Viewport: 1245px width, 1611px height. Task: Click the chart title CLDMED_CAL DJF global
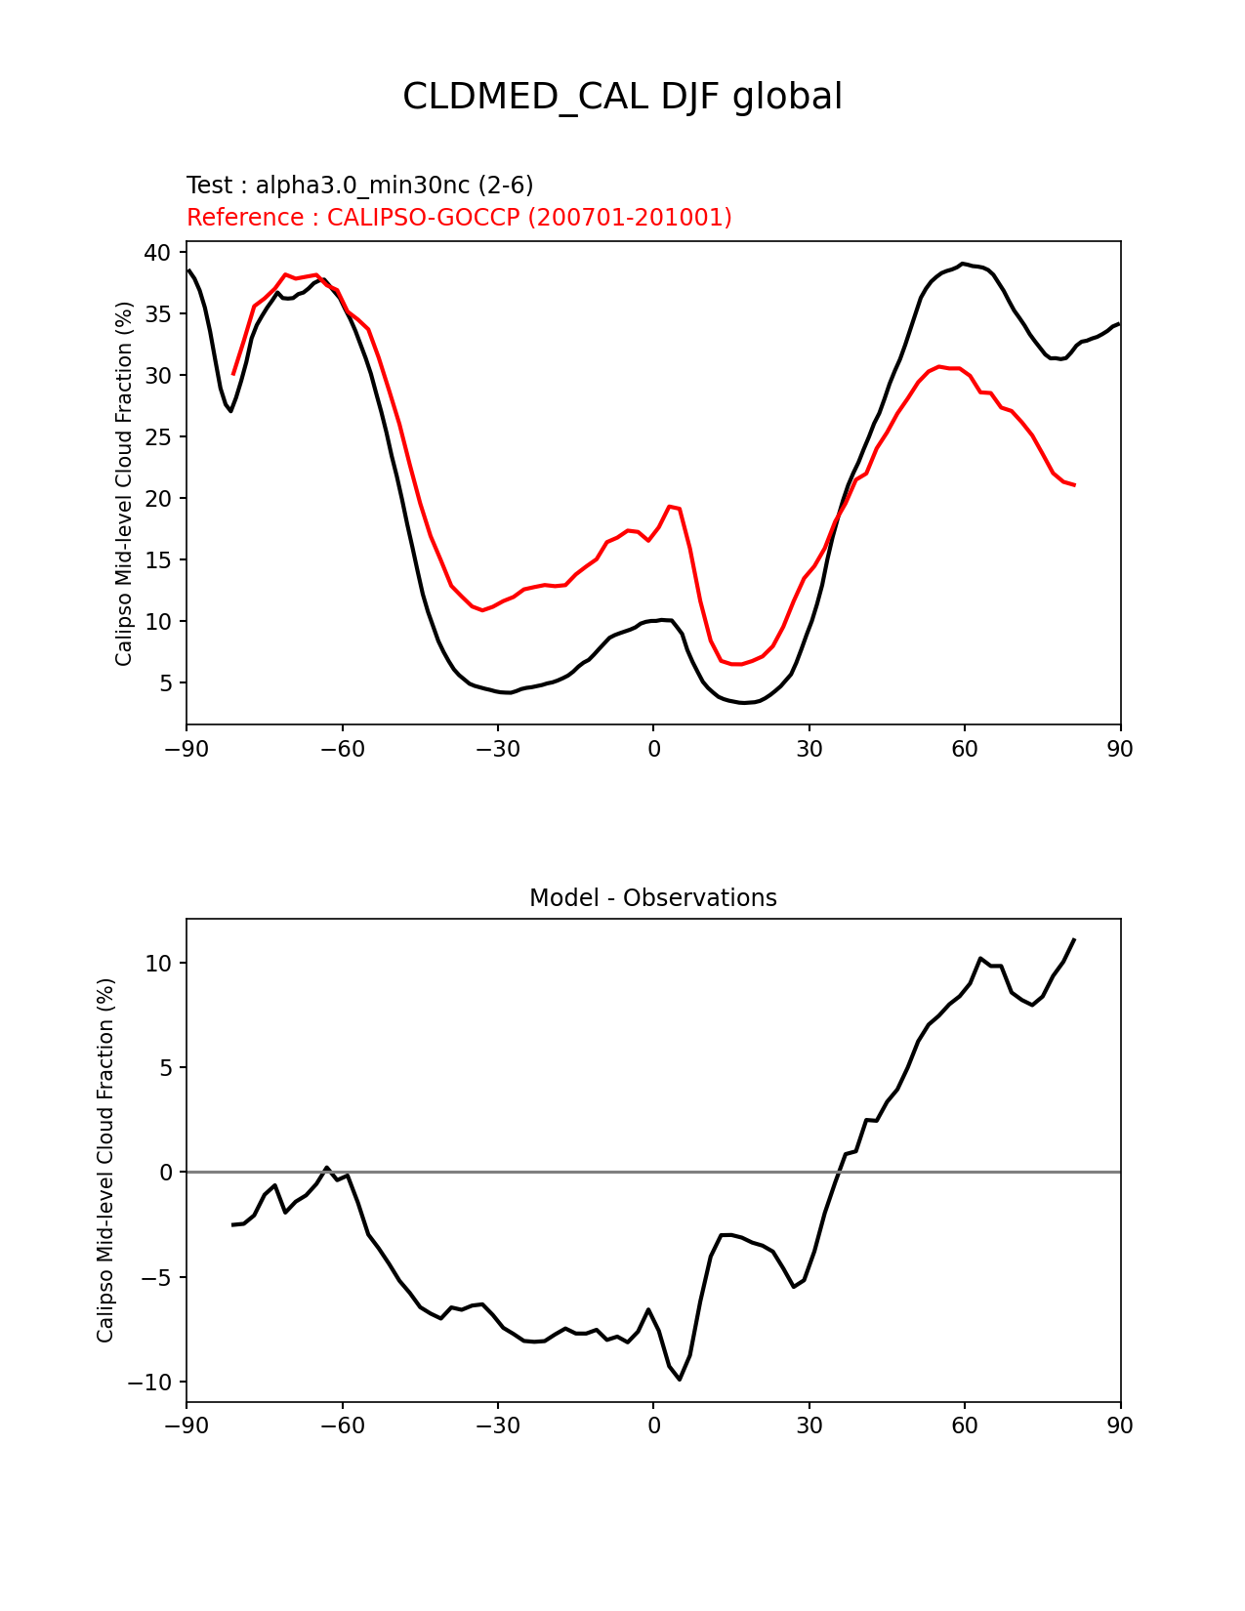tap(622, 97)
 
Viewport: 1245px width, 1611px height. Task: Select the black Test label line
tap(359, 186)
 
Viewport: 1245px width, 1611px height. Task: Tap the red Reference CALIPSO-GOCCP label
tap(459, 217)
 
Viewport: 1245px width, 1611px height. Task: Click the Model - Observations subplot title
tap(652, 897)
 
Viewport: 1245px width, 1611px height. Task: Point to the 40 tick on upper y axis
tap(157, 253)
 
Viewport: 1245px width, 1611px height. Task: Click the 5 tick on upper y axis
tap(165, 683)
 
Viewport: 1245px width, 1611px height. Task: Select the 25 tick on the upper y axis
tap(157, 437)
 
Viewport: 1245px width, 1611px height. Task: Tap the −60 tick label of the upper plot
tap(342, 749)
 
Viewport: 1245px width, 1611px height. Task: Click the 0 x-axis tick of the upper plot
tap(653, 749)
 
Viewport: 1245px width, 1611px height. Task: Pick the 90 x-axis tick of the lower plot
tap(1120, 1425)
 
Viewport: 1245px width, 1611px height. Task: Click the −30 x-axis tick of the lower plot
tap(497, 1425)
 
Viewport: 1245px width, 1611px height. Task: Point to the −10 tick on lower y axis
tap(148, 1382)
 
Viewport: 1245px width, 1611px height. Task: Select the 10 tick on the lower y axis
tap(157, 964)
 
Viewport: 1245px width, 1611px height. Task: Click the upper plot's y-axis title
tap(124, 483)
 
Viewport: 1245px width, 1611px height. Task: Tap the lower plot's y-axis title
tap(105, 1160)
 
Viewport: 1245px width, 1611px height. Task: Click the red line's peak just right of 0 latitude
tap(670, 506)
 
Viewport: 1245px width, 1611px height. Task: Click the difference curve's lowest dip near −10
tap(680, 1379)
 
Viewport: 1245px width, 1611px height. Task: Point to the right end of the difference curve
tap(1074, 939)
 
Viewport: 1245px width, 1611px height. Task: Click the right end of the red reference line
tap(1074, 485)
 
